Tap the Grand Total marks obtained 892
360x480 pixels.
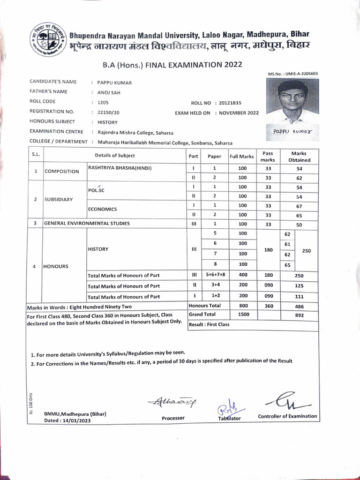(299, 315)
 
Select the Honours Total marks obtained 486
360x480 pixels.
(299, 307)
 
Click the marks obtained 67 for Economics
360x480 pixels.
(299, 206)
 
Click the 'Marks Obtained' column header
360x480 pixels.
(299, 157)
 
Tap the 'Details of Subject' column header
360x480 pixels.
(114, 156)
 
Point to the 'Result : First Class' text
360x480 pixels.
(209, 324)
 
